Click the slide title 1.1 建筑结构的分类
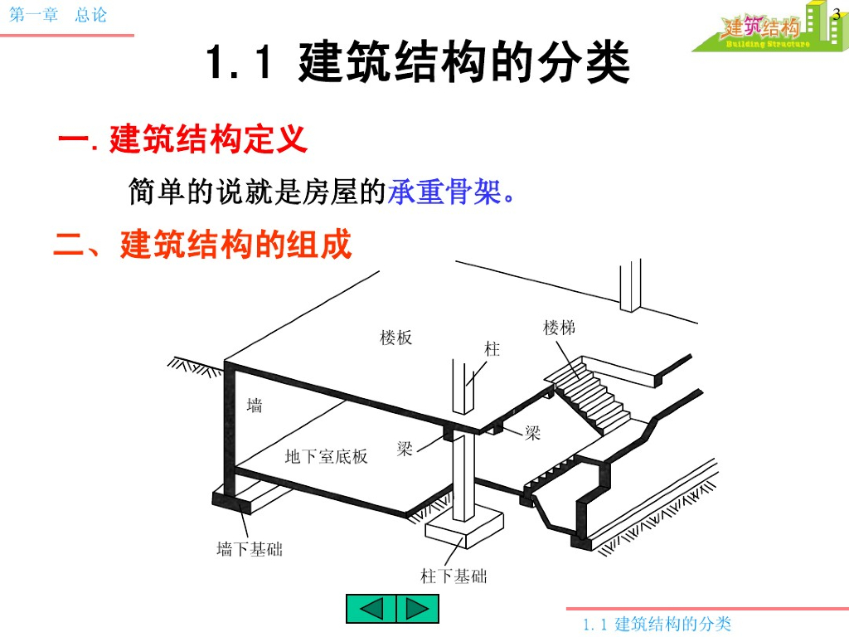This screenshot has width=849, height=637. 418,64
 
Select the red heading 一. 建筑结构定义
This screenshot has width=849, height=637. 183,139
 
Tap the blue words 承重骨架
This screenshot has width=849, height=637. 444,192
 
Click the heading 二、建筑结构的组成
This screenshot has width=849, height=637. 203,245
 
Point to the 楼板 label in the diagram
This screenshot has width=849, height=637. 395,338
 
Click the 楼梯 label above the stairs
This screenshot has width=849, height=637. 559,328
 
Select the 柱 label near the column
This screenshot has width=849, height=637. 492,349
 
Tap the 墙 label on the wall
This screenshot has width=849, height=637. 255,406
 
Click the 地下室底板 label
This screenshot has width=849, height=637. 326,456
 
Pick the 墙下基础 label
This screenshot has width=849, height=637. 249,549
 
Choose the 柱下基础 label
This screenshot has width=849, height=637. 454,576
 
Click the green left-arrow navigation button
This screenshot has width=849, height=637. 371,609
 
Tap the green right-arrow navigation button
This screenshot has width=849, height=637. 417,609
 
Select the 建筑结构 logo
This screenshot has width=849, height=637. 761,29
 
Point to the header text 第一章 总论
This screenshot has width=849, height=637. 58,15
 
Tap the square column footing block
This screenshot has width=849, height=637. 464,523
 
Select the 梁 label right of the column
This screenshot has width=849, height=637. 532,433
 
